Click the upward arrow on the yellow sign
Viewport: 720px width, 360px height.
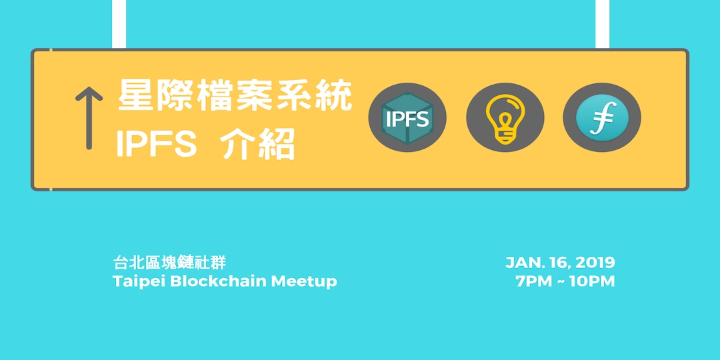point(89,119)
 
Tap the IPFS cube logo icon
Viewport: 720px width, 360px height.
point(407,118)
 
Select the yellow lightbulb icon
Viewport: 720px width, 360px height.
point(505,118)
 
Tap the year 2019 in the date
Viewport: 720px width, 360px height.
point(595,263)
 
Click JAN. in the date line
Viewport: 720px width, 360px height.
point(523,263)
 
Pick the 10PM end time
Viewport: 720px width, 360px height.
point(592,281)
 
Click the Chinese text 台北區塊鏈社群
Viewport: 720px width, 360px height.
point(170,263)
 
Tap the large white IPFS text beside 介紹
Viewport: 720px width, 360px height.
point(157,145)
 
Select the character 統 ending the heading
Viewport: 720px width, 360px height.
point(334,96)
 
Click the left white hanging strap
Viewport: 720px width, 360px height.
point(119,24)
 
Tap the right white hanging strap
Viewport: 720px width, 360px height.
point(602,24)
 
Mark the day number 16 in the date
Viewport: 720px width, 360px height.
point(558,263)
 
